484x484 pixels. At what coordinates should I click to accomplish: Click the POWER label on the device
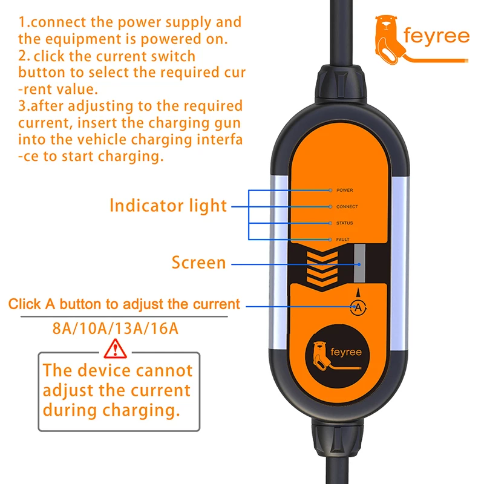point(345,190)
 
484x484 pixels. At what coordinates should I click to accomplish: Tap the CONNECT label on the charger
point(347,206)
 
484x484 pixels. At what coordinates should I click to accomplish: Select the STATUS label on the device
point(344,223)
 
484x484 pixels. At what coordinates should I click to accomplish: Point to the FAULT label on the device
point(343,240)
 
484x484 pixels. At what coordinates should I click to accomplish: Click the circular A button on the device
point(358,307)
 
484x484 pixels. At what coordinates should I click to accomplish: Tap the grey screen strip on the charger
point(359,264)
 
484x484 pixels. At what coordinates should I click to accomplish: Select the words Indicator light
point(168,205)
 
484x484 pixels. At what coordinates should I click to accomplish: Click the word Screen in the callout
point(198,263)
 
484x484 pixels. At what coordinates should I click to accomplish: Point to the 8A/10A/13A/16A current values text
point(116,329)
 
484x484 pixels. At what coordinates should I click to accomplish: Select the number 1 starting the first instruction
point(22,23)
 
